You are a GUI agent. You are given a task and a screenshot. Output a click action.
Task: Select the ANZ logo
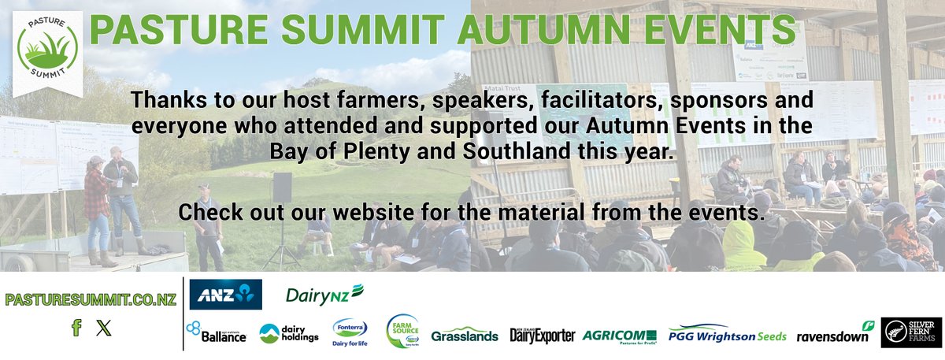[x=225, y=295]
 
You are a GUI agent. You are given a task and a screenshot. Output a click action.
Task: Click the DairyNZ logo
[x=324, y=295]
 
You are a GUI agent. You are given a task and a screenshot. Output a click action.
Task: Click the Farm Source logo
[x=402, y=332]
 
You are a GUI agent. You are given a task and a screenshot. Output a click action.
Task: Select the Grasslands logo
[x=465, y=335]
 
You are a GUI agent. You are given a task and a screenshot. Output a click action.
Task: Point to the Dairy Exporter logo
[x=543, y=335]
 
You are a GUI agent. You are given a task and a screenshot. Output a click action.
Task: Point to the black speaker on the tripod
[x=282, y=187]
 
